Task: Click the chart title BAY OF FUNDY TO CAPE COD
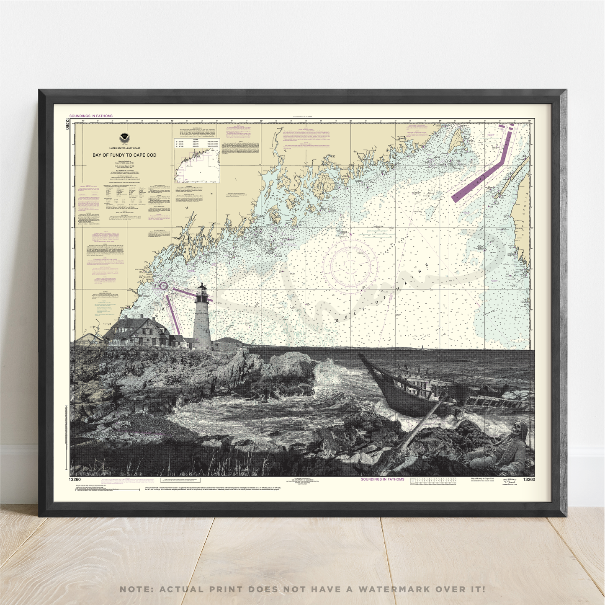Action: coord(124,155)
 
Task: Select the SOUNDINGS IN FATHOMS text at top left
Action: coord(91,116)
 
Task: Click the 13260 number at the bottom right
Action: coord(529,480)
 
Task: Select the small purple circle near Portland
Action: coord(164,285)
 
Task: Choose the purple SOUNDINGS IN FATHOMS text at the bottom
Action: coord(382,479)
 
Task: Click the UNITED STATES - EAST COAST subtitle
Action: coord(124,148)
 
